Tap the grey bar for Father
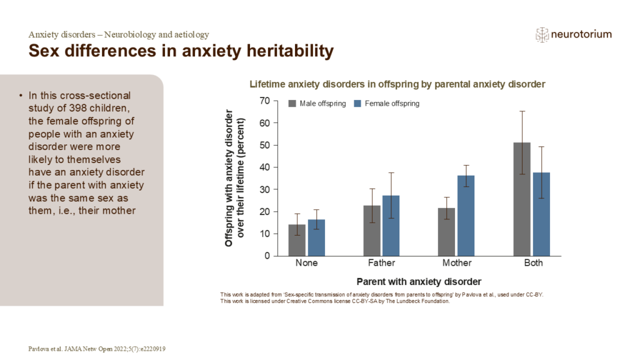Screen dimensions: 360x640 pos(372,231)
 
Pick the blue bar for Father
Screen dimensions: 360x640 pos(391,226)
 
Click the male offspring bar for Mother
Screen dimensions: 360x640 pos(446,232)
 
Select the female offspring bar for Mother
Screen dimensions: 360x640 pos(466,216)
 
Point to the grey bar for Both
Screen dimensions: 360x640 pos(522,199)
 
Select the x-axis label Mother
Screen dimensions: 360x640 pos(457,263)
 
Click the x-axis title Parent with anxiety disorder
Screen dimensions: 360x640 pos(419,281)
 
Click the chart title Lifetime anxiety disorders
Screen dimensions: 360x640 pos(397,84)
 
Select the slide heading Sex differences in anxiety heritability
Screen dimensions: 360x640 pos(181,51)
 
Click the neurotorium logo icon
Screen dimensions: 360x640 pos(542,35)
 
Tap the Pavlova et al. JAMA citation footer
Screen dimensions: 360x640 pos(101,348)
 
